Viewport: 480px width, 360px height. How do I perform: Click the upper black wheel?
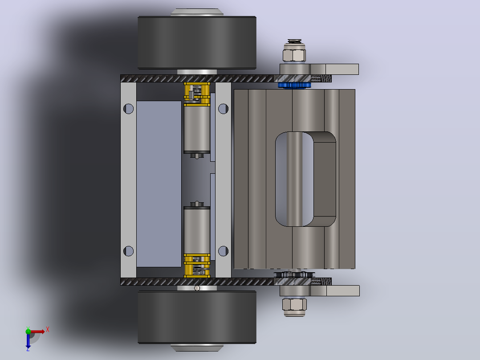pyautogui.click(x=197, y=43)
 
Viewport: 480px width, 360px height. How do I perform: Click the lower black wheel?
pyautogui.click(x=197, y=317)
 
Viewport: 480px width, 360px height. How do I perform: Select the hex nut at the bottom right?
pyautogui.click(x=294, y=304)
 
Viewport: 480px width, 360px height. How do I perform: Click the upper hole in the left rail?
pyautogui.click(x=128, y=109)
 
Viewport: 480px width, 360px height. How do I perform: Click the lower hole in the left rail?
pyautogui.click(x=128, y=251)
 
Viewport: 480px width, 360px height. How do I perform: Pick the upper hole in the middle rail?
pyautogui.click(x=223, y=109)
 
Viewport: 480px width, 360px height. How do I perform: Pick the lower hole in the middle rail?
pyautogui.click(x=223, y=251)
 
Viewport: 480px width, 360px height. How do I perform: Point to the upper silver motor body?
pyautogui.click(x=197, y=129)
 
